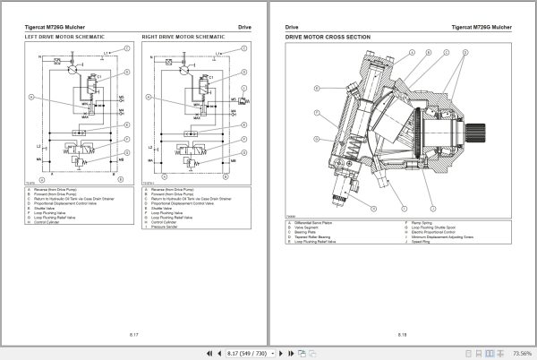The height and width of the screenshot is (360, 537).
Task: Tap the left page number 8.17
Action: coord(133,334)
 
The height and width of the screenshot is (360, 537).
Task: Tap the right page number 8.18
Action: coord(402,334)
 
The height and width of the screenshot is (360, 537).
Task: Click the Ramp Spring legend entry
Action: coord(422,221)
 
